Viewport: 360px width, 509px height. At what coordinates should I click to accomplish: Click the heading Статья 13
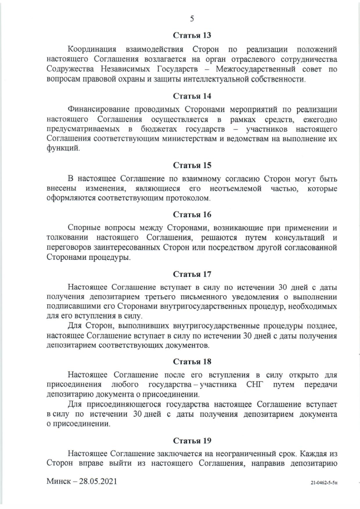click(192, 35)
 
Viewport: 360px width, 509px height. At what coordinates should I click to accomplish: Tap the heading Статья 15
click(192, 165)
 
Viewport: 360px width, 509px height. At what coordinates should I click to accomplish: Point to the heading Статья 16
click(192, 214)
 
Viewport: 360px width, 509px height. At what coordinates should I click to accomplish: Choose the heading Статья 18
click(192, 360)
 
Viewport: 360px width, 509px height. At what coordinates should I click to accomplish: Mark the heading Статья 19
click(192, 440)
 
